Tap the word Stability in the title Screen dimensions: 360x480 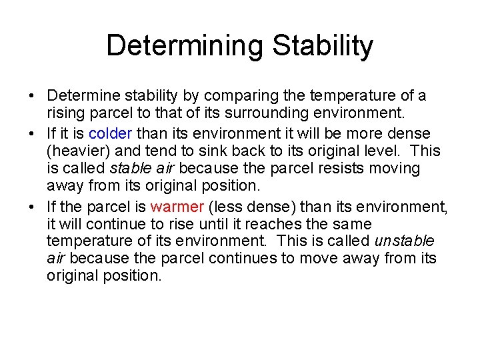click(x=325, y=46)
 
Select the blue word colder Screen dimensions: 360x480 click(x=111, y=133)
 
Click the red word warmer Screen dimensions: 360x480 click(x=176, y=206)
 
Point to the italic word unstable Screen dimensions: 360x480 click(x=404, y=241)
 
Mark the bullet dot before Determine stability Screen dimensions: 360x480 click(x=32, y=97)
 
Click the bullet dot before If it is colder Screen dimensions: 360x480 click(x=32, y=133)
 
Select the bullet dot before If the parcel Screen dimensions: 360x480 click(x=32, y=207)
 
